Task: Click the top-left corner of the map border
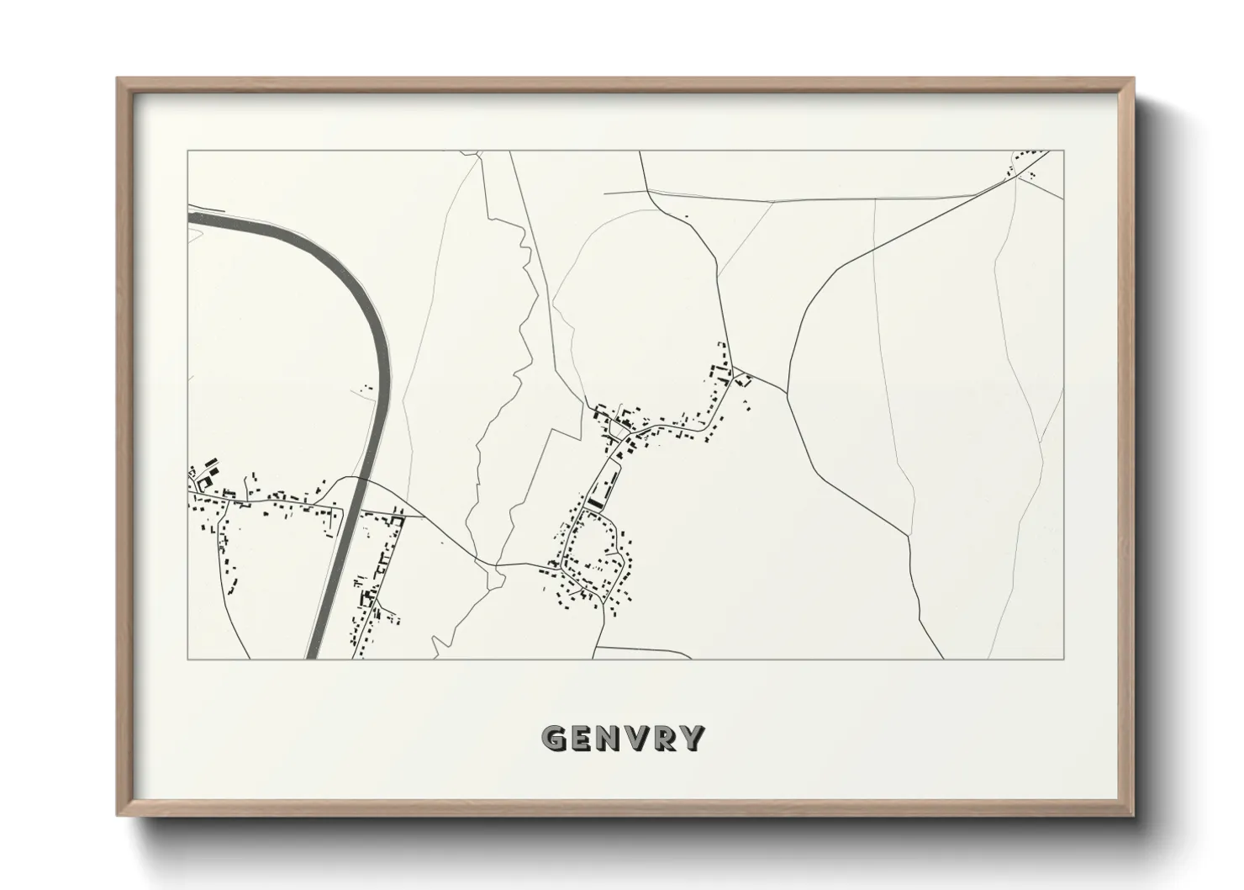187,151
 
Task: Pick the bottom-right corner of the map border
1064,659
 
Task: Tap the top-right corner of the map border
1064,151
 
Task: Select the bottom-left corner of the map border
187,659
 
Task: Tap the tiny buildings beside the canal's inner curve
367,388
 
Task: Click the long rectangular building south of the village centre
598,501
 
